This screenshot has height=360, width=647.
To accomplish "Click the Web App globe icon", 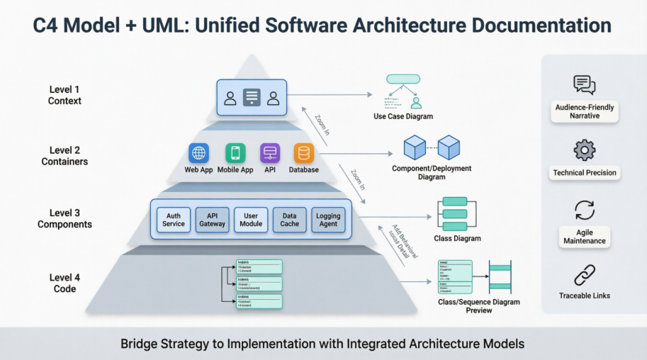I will pos(199,153).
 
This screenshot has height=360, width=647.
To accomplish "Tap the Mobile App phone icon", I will pos(235,153).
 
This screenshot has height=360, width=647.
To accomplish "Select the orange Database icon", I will pos(304,153).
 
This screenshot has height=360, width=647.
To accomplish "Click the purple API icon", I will pos(269,153).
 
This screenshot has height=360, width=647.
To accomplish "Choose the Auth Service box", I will pos(174,220).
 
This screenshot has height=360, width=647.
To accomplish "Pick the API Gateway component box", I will pos(212,220).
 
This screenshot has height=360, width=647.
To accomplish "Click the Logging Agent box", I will pos(328,220).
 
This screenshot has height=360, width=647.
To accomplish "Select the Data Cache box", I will pos(289,220).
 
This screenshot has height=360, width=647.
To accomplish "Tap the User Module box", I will pos(251,220).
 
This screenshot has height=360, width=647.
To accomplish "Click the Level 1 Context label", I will pos(64,96).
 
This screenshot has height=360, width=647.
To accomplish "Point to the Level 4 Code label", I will pos(64,283).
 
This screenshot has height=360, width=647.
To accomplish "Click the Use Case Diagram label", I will pos(403,116).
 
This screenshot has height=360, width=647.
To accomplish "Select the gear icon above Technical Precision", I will pos(585,150).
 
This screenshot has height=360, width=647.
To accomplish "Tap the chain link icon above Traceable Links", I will pos(585,275).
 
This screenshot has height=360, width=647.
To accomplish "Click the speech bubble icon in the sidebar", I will pos(585,85).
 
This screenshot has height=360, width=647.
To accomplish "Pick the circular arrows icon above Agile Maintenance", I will pos(585,210).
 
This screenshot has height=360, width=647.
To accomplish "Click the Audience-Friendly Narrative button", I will pos(585,111).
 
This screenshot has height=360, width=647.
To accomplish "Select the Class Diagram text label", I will pos(457,239).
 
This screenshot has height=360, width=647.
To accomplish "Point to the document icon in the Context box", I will pos(252,98).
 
